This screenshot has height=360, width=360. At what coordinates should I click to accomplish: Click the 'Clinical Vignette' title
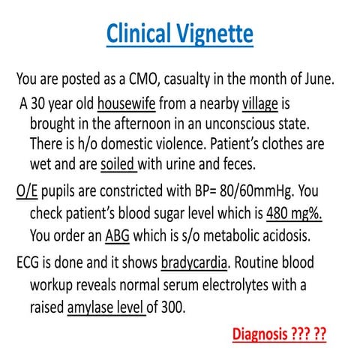tap(179, 34)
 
